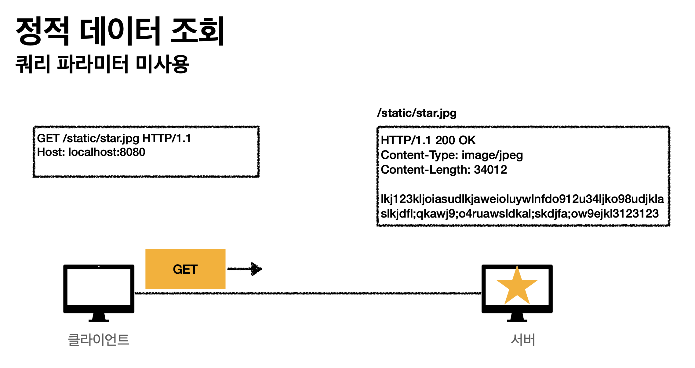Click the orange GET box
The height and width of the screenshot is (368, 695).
[185, 269]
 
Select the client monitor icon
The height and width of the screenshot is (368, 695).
[99, 288]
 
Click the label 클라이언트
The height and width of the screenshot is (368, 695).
[99, 340]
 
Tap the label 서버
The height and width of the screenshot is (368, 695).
[523, 340]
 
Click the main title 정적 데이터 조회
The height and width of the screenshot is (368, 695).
[120, 31]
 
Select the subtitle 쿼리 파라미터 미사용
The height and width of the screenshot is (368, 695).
[102, 64]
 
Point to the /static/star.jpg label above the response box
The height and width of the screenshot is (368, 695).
[417, 113]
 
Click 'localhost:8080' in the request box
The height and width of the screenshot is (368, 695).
[107, 152]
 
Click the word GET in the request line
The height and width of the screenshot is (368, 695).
[48, 139]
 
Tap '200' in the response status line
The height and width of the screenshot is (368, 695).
[445, 140]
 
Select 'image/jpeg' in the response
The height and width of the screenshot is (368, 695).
[492, 155]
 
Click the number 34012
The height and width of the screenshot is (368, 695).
[490, 170]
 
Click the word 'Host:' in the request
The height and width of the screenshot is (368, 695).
[51, 152]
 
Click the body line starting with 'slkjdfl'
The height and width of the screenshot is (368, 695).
[519, 214]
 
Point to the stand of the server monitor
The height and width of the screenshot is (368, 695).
[517, 317]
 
